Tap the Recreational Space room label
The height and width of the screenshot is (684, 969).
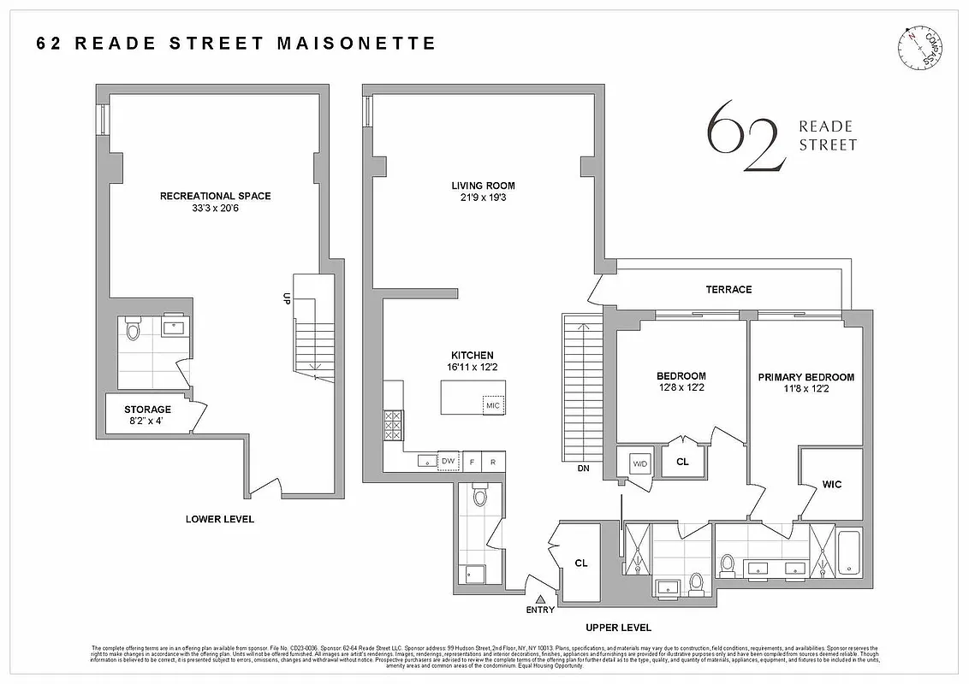click(215, 196)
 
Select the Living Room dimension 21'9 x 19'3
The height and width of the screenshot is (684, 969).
click(483, 198)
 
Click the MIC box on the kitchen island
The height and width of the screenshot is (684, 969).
click(492, 405)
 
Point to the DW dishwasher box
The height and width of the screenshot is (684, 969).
click(448, 462)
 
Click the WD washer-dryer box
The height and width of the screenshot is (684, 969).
click(640, 463)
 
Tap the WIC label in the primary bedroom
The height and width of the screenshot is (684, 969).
click(831, 484)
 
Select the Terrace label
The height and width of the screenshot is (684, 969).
click(728, 289)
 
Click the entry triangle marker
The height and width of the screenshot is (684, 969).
click(540, 598)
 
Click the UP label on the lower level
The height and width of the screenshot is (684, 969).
click(287, 298)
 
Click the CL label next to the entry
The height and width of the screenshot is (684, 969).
click(581, 563)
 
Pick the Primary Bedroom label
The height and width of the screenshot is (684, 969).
click(806, 377)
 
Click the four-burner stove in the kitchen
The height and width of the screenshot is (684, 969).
click(394, 424)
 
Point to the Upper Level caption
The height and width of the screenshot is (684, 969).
click(612, 627)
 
